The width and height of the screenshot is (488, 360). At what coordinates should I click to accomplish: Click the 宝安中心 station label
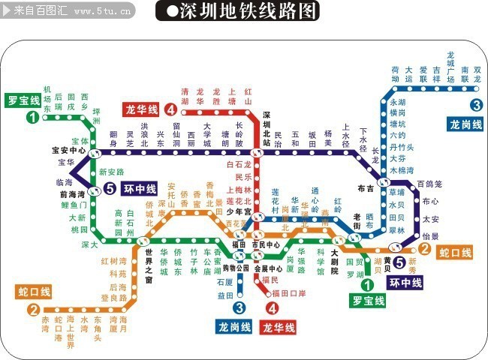tap(68, 149)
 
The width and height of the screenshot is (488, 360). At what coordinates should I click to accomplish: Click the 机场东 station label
tap(47, 98)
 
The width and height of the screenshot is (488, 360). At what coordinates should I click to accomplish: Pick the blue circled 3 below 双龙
tap(476, 105)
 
